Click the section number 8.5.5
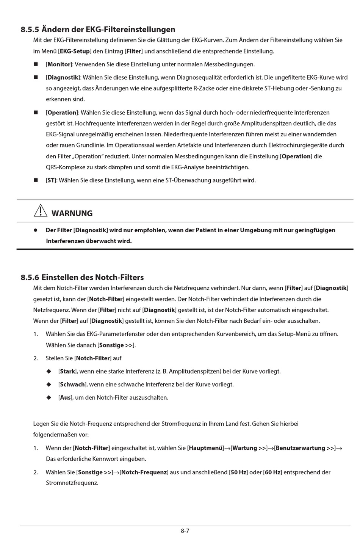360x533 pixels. (30, 30)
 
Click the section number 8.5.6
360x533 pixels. (30, 277)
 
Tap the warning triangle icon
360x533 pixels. (41, 210)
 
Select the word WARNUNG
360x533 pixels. (72, 213)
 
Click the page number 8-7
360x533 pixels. (185, 530)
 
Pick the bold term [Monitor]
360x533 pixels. (59, 64)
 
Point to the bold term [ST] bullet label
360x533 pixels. (51, 180)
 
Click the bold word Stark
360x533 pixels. (67, 371)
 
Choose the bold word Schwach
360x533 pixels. (72, 385)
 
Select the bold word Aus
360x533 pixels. (65, 398)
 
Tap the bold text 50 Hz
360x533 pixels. (239, 472)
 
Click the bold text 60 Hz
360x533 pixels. (273, 472)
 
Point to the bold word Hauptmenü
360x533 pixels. (206, 448)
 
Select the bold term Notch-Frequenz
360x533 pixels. (144, 472)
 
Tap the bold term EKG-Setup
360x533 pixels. (75, 51)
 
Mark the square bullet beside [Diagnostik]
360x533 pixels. (36, 77)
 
